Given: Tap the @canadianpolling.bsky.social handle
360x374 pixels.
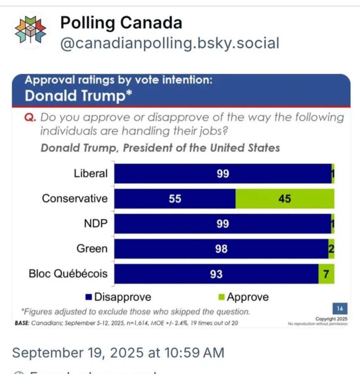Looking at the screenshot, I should [x=170, y=43].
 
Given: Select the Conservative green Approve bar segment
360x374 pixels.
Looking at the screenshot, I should [x=285, y=199].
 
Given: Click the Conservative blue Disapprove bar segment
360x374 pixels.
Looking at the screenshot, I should [x=175, y=199].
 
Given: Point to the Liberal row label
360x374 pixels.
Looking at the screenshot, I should [x=91, y=173].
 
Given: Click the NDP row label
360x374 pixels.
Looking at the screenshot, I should [x=96, y=224].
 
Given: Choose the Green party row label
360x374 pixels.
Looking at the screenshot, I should [x=92, y=249].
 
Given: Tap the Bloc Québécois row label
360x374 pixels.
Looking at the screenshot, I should [x=68, y=274].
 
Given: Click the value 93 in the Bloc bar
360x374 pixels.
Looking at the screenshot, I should [x=216, y=274].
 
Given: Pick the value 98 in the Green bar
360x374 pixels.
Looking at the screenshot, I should [x=221, y=249].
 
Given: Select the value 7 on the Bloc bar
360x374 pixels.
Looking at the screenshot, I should [x=326, y=274].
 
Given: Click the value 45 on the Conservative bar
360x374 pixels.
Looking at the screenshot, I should [x=285, y=199].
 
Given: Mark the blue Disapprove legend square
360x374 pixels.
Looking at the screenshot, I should [x=88, y=297].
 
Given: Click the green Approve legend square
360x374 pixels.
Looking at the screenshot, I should [x=221, y=297].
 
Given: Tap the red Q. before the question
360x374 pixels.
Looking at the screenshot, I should [x=30, y=118].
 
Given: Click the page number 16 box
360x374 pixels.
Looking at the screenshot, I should [x=340, y=309].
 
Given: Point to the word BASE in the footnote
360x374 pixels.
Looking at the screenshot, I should [x=21, y=323].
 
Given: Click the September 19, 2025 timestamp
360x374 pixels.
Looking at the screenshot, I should [x=118, y=353].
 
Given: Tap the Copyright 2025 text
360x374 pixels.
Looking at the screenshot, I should [x=331, y=319].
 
